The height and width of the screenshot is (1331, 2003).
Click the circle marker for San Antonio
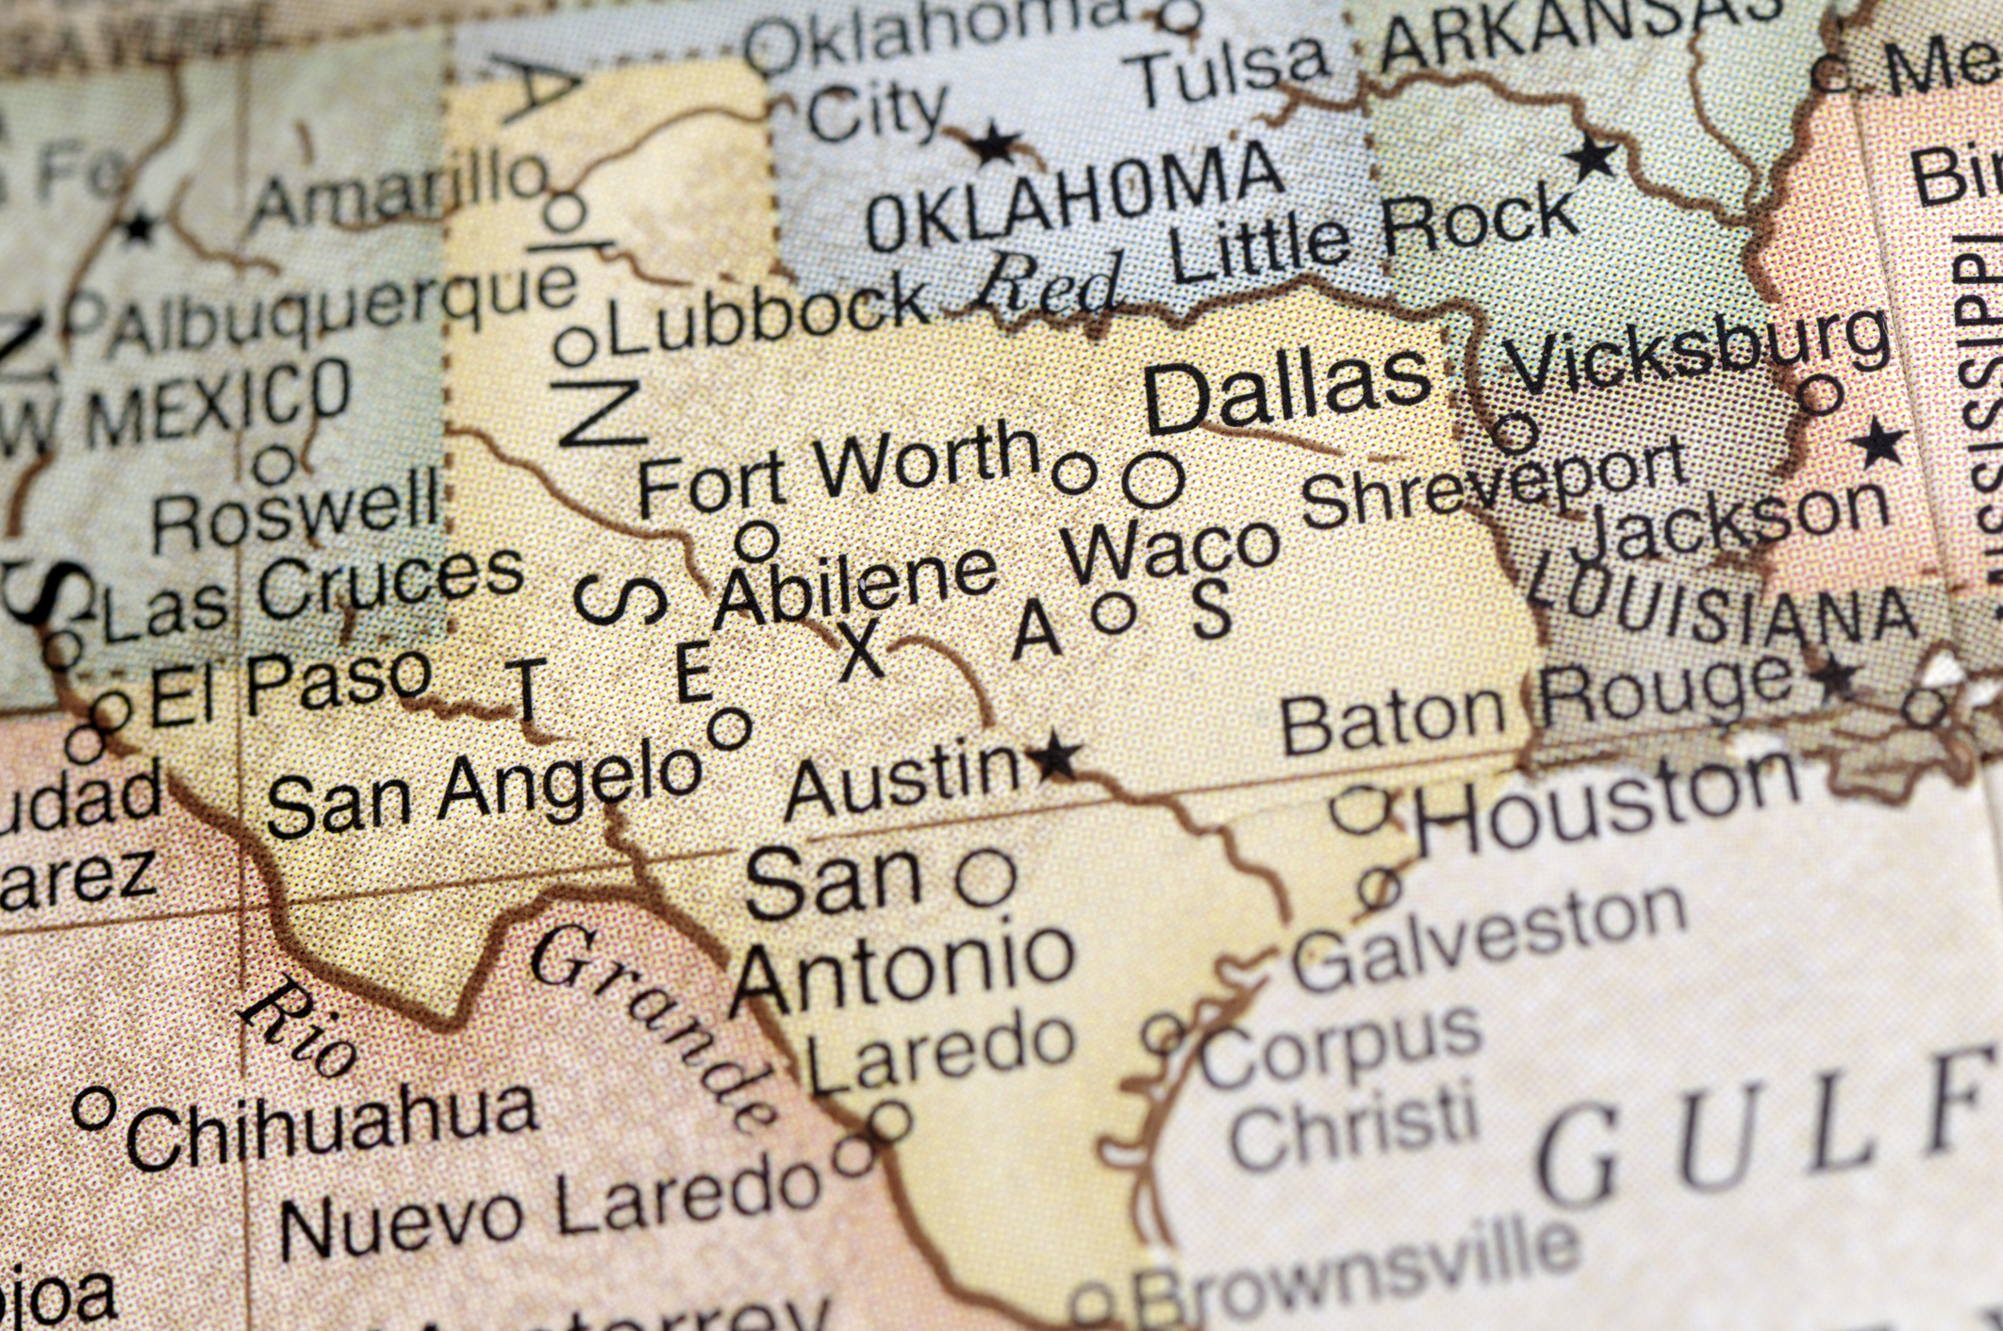click(x=985, y=878)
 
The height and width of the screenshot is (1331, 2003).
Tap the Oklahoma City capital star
click(x=993, y=145)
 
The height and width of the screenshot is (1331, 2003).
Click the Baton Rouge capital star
click(x=1835, y=675)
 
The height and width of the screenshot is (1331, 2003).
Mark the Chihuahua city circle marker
click(x=93, y=1107)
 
